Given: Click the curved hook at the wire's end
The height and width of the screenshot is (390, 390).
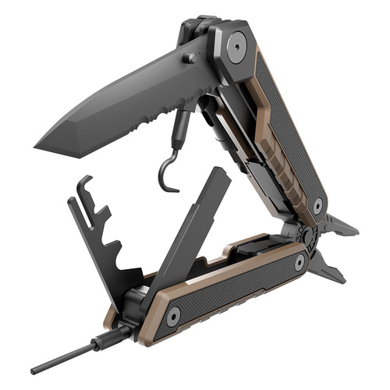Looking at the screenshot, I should tap(165, 175).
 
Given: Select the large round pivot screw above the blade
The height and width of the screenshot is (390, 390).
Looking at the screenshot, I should tap(235, 48).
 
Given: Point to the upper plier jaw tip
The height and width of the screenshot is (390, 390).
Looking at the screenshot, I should tap(355, 232).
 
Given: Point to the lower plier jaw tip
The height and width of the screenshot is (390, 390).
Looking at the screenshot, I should tap(342, 279).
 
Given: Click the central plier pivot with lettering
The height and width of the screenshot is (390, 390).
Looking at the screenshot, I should tap(307, 235).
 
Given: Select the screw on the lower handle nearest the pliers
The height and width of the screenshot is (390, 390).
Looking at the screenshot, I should tap(300, 264).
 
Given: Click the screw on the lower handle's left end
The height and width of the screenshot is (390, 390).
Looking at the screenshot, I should tap(172, 315).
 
